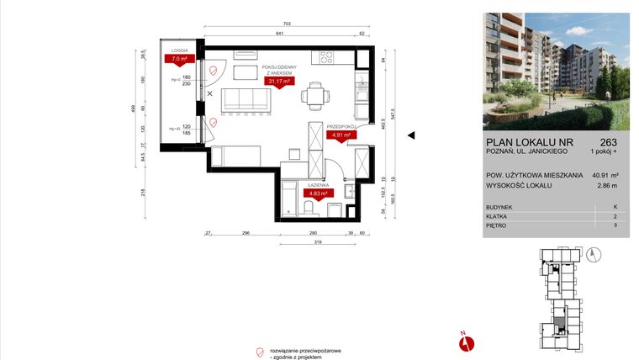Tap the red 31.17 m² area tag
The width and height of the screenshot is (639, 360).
278,82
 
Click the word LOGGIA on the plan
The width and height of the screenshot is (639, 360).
179,50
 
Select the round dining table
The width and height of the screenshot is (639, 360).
315,93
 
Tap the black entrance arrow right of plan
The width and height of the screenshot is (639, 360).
412,135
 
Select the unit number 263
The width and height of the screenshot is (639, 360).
609,141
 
